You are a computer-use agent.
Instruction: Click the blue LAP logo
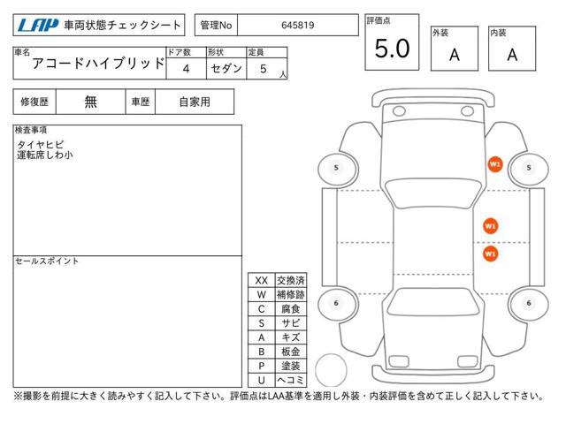click(38, 26)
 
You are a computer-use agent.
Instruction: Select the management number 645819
click(298, 26)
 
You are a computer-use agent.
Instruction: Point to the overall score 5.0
click(392, 49)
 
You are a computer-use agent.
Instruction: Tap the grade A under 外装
click(455, 55)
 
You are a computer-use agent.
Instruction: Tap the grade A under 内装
click(512, 55)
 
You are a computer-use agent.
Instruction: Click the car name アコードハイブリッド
click(98, 64)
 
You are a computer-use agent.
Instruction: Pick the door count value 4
click(186, 69)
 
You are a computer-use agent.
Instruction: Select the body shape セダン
click(226, 69)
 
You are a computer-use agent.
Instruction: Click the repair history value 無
click(90, 102)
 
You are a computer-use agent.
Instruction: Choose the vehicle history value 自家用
click(195, 102)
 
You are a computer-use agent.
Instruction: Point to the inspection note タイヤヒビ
click(41, 145)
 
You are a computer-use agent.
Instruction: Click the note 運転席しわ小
click(45, 155)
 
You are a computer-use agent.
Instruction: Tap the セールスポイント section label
click(47, 261)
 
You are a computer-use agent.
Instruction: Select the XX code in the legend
click(262, 281)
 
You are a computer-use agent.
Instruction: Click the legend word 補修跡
click(291, 294)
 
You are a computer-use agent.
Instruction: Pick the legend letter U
click(262, 380)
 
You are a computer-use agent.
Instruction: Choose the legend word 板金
click(291, 352)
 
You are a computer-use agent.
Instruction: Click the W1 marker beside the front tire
click(495, 165)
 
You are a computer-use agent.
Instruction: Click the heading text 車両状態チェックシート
click(122, 26)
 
